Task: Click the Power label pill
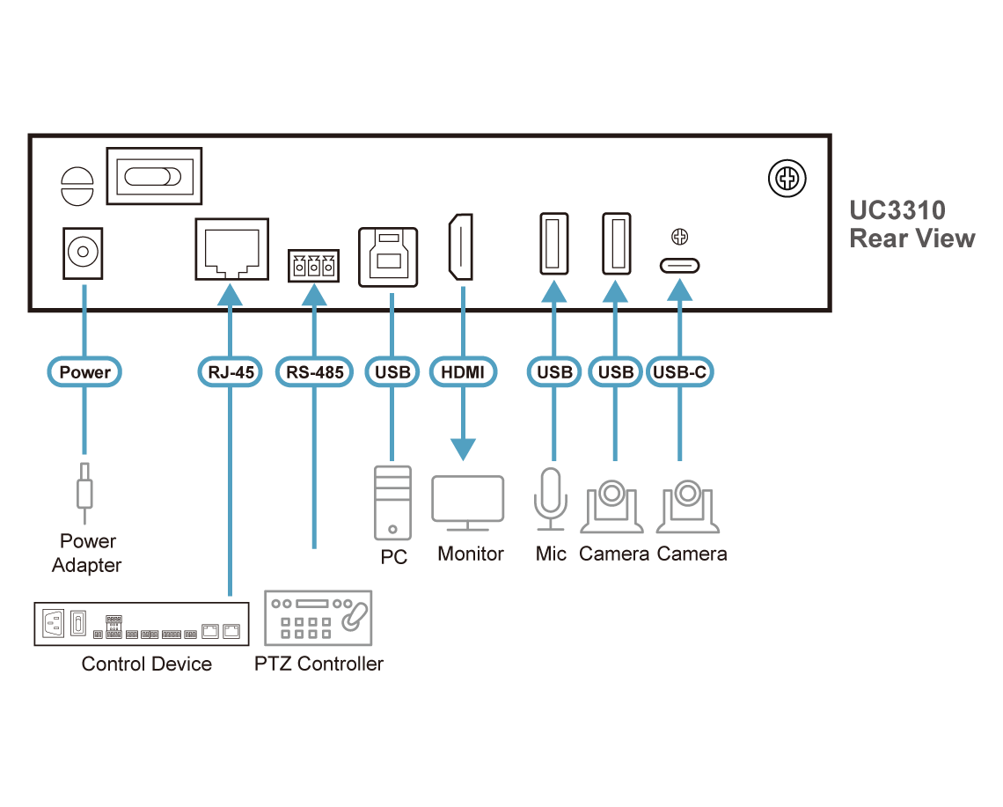pyautogui.click(x=85, y=372)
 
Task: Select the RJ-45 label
pyautogui.click(x=231, y=372)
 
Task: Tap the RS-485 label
pyautogui.click(x=314, y=372)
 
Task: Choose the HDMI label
pyautogui.click(x=463, y=372)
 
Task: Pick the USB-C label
pyautogui.click(x=679, y=372)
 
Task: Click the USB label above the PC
pyautogui.click(x=392, y=372)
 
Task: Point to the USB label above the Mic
pyautogui.click(x=554, y=372)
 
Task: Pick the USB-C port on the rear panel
pyautogui.click(x=679, y=265)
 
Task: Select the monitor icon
pyautogui.click(x=468, y=503)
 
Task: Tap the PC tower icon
pyautogui.click(x=392, y=502)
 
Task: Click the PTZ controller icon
pyautogui.click(x=318, y=620)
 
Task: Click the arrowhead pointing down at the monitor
pyautogui.click(x=463, y=449)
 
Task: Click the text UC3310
pyautogui.click(x=897, y=210)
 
